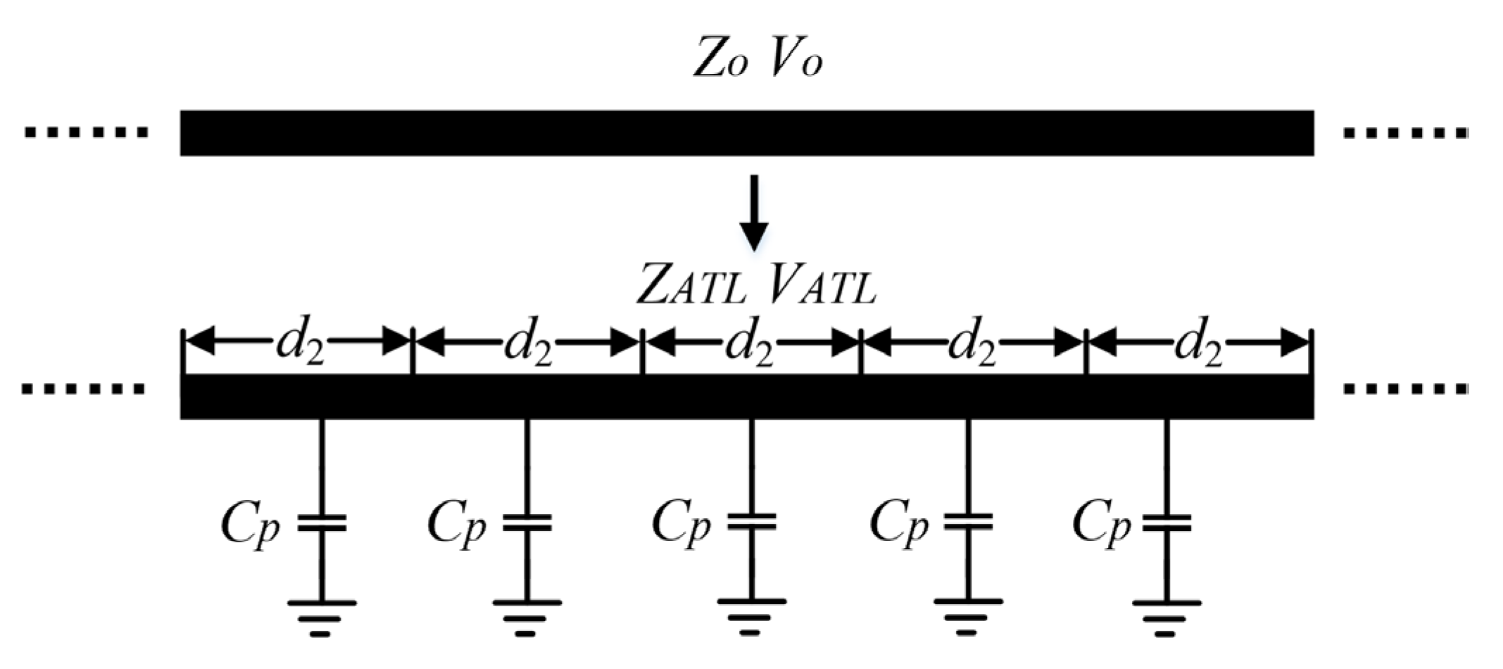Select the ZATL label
[691, 285]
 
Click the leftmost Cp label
[250, 524]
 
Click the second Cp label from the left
[457, 524]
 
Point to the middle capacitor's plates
[751, 522]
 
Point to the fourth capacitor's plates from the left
[968, 522]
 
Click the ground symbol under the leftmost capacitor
[321, 616]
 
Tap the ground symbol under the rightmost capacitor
[1166, 616]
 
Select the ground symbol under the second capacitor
[527, 616]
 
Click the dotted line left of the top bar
[86, 132]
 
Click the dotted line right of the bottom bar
[1405, 388]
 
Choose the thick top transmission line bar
[746, 132]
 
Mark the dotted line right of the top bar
[1405, 132]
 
